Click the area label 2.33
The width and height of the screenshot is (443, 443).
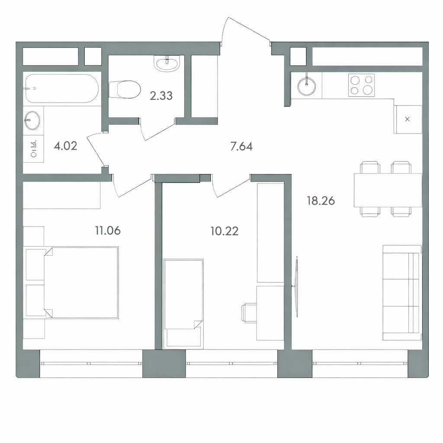[x=161, y=96]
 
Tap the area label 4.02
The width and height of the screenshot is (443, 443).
[x=65, y=146]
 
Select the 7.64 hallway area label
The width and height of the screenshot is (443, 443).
[x=241, y=146]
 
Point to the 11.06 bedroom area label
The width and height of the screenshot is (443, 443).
[x=108, y=231]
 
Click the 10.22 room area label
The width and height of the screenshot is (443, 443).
[x=225, y=231]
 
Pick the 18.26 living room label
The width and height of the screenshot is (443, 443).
[x=321, y=201]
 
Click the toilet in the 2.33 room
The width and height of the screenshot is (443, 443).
[x=125, y=89]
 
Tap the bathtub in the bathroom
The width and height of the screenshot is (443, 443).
[x=62, y=88]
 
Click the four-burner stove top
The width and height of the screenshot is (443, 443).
[x=361, y=85]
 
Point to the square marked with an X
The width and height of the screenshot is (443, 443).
[x=408, y=119]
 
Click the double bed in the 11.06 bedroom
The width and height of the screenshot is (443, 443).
[x=81, y=282]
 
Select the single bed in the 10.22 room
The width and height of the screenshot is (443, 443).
[x=183, y=304]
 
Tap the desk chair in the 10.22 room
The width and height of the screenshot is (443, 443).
[x=249, y=312]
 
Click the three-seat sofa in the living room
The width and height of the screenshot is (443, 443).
[x=402, y=293]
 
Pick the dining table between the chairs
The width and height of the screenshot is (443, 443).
[x=388, y=190]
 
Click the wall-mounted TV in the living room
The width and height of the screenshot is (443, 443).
[x=297, y=286]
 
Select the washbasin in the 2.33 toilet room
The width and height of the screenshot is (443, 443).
[x=167, y=63]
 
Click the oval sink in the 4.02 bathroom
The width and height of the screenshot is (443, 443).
[x=32, y=120]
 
